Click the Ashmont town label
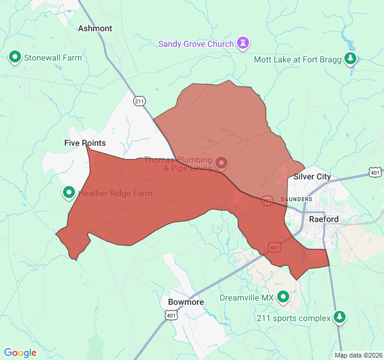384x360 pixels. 95,28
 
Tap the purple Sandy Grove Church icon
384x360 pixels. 244,43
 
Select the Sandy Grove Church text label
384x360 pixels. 196,44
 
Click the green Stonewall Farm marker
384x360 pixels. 14,58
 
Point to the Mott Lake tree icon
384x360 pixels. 351,59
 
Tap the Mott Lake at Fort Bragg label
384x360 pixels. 297,59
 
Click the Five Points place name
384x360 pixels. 85,143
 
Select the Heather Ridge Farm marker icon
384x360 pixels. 69,193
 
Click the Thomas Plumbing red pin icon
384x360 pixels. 221,163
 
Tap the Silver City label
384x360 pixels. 312,177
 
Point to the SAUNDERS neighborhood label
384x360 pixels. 296,199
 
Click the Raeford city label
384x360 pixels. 324,219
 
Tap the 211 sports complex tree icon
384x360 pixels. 340,316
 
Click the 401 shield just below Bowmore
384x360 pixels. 172,315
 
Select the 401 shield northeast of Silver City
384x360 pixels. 374,172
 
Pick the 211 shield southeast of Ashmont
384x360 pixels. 139,101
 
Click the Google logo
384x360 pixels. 20,353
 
